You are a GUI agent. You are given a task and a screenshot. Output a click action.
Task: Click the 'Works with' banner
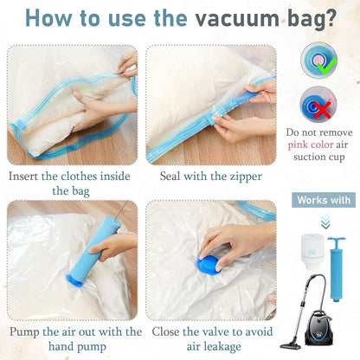coord(325,201)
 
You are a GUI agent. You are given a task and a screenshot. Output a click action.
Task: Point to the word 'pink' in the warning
coord(305,145)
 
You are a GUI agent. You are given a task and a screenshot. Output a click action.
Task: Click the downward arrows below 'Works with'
coord(325,220)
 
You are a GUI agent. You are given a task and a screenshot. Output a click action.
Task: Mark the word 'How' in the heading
coord(53,19)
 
